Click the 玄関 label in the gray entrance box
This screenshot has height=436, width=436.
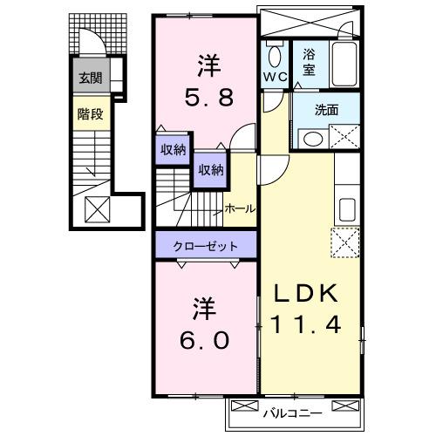click(x=90, y=78)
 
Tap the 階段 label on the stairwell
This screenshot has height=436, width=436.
click(x=90, y=112)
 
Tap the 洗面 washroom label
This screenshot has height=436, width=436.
click(x=327, y=110)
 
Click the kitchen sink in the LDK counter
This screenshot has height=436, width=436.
click(x=347, y=209)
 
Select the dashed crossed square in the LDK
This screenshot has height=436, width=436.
click(x=345, y=242)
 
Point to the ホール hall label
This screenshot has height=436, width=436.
click(x=241, y=208)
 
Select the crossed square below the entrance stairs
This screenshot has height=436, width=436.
click(x=95, y=208)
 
